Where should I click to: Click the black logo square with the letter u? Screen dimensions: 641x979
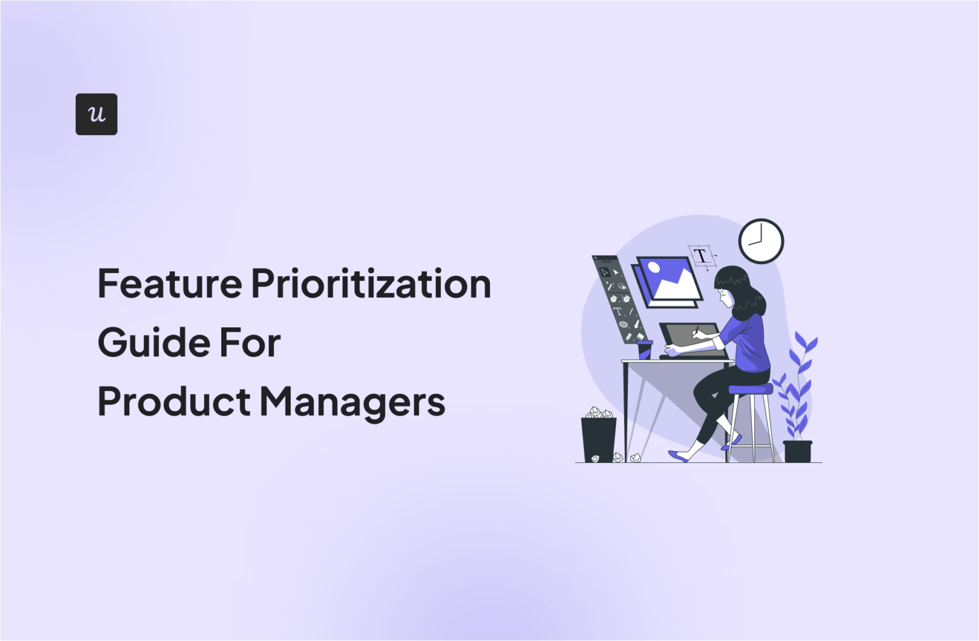coord(96,114)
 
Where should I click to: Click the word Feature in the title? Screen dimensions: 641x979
coord(170,284)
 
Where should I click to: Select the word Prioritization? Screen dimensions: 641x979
coord(371,284)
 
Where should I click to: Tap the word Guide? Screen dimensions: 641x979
coord(154,343)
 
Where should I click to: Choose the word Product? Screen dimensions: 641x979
coord(174,402)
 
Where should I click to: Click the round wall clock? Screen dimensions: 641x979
coord(761,241)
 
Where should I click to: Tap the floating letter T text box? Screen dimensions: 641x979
coord(700,256)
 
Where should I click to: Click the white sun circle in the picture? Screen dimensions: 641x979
coord(653,267)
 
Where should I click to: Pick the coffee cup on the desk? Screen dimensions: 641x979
coord(644,349)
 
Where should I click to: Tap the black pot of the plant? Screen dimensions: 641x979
coord(797,451)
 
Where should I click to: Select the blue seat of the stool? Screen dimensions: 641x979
coord(750,389)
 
